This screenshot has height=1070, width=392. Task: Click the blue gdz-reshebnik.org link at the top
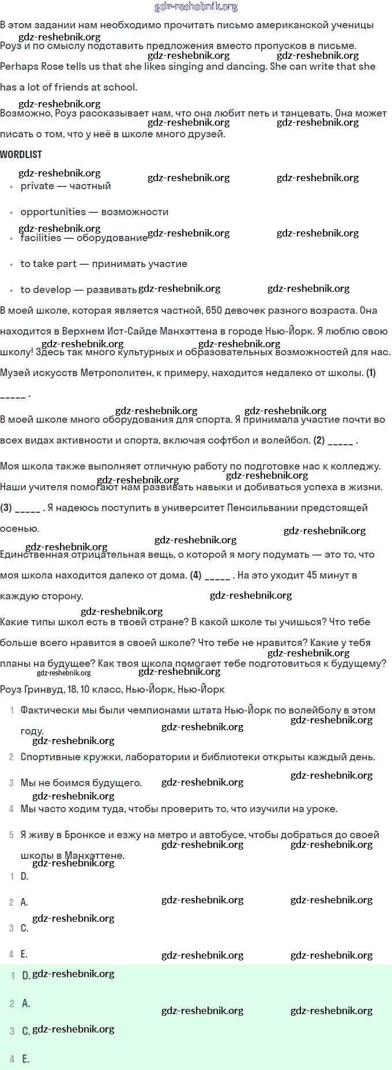point(196,7)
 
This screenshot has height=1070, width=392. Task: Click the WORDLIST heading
point(21,155)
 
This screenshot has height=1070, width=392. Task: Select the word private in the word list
point(37,186)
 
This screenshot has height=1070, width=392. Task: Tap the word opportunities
point(53,212)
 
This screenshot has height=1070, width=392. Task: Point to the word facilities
point(40,238)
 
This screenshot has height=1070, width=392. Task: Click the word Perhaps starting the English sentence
point(19,67)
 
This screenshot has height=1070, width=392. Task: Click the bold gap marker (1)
point(371,373)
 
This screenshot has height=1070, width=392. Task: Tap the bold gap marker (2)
point(319,441)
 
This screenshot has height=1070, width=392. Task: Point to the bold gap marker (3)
point(6,508)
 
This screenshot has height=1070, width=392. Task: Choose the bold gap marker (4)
point(196,576)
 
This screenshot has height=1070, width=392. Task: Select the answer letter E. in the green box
point(25,1059)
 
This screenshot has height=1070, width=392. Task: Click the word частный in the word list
point(90,186)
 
